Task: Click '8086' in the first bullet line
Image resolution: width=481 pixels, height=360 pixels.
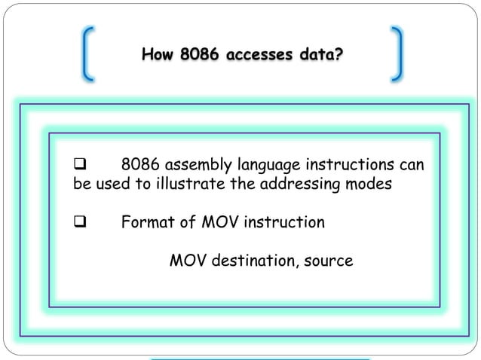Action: [140, 164]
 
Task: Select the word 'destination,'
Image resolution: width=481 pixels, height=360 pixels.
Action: [253, 261]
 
